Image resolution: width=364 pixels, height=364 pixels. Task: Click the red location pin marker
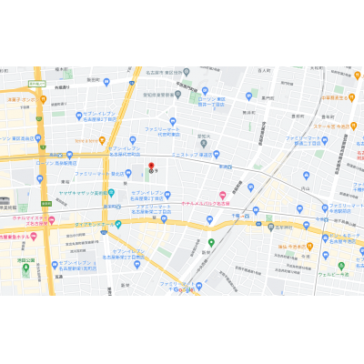click(x=151, y=167)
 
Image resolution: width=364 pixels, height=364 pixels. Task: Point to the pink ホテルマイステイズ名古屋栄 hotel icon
click(x=52, y=219)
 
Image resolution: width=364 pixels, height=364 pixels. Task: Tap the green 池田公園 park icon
click(x=25, y=268)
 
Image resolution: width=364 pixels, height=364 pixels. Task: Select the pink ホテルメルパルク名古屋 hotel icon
click(x=222, y=195)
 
